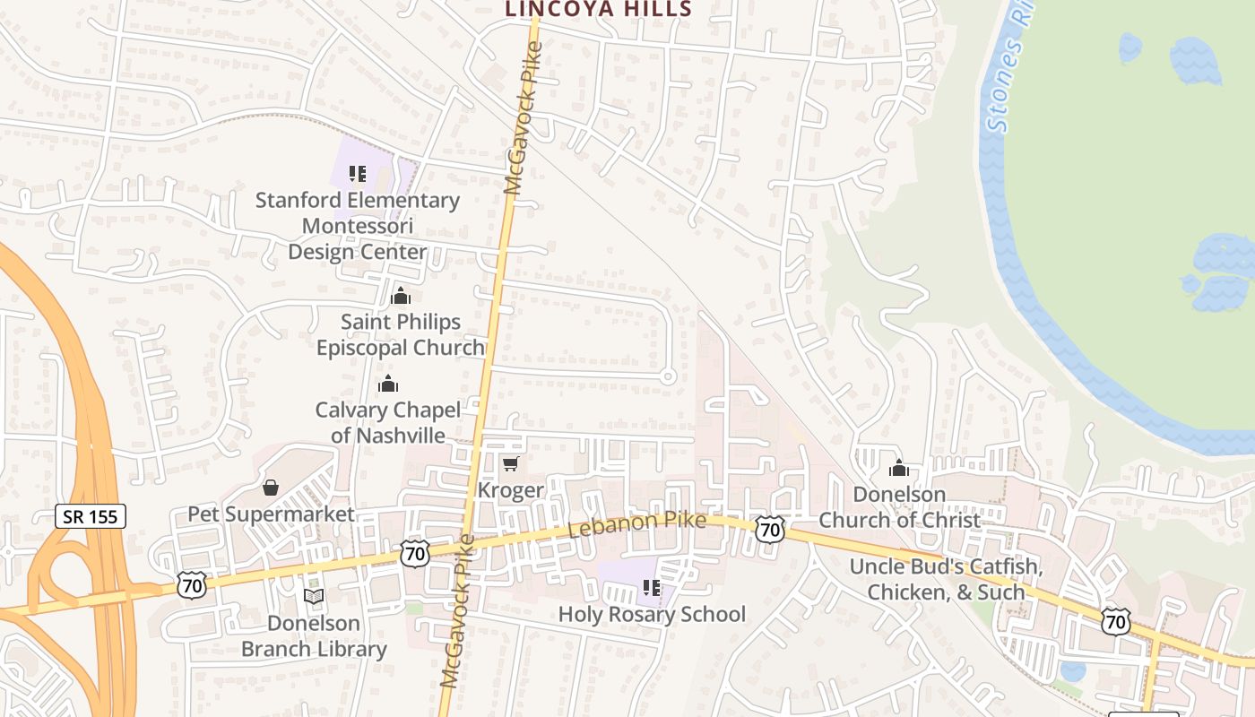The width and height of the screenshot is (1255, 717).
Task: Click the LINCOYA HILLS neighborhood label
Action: [x=598, y=9]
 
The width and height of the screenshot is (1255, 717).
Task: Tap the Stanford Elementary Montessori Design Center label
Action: [x=358, y=226]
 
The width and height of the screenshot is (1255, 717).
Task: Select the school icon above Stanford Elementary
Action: [x=358, y=173]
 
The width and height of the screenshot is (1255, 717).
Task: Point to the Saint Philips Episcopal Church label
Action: [x=400, y=334]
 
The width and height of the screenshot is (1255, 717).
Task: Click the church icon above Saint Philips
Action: [x=401, y=295]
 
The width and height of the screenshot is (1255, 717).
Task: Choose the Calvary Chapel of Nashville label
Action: [x=388, y=422]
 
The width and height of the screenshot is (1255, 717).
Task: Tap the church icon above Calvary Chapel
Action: [x=388, y=384]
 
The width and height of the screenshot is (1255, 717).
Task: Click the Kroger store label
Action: [x=510, y=490]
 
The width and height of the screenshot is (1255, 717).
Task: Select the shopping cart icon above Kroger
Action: [x=510, y=462]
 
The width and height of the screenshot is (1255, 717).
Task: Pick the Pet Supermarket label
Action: [x=271, y=514]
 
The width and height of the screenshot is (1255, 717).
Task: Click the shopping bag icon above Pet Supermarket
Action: [x=270, y=488]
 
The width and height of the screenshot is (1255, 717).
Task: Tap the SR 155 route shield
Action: [x=91, y=515]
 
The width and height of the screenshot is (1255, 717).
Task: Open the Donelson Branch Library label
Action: [x=314, y=635]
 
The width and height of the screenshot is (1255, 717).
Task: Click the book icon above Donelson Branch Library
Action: [x=314, y=596]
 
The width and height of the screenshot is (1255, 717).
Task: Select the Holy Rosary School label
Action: [x=652, y=614]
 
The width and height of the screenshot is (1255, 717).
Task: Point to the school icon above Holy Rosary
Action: [x=652, y=588]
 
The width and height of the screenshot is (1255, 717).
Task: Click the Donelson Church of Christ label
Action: [x=899, y=506]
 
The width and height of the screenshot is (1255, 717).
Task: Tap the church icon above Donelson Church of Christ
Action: [x=899, y=468]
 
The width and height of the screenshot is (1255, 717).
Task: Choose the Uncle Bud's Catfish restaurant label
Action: [x=946, y=579]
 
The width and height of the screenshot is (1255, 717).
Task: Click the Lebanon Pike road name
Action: [x=636, y=525]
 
